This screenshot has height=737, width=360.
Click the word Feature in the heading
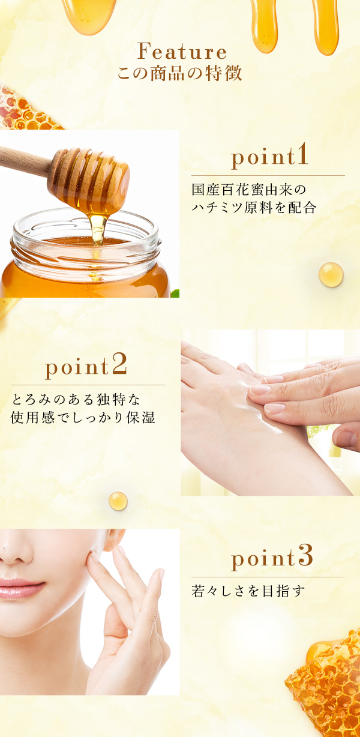click(x=182, y=52)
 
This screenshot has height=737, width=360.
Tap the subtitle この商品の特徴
click(x=180, y=74)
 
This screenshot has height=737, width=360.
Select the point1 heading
click(x=269, y=157)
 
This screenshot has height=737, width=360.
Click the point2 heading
click(x=86, y=367)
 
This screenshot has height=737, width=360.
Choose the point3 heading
click(x=272, y=559)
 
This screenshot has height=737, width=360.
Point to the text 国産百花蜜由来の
click(x=248, y=190)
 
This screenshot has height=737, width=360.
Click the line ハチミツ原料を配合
click(x=253, y=208)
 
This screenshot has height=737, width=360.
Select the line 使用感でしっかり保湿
click(x=83, y=417)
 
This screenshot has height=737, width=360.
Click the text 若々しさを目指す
click(x=248, y=591)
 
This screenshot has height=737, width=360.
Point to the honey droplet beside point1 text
click(x=331, y=274)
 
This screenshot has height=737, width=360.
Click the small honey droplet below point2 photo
click(x=118, y=501)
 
